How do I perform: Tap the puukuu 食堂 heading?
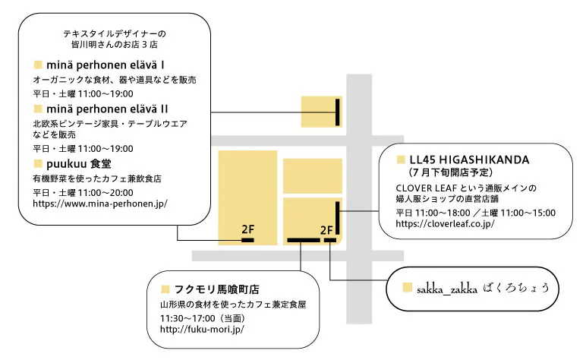(x=80, y=163)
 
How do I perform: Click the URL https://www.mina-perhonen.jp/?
(x=100, y=204)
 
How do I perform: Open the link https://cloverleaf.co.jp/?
(x=445, y=224)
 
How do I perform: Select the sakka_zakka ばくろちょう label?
(x=482, y=288)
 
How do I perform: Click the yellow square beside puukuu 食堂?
(x=38, y=163)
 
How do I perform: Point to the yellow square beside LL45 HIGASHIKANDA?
(x=401, y=160)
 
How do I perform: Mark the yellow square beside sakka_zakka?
(x=407, y=288)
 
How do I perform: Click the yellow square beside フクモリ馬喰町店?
(x=165, y=289)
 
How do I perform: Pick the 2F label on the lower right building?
(x=327, y=229)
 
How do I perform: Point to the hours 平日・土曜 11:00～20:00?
(x=83, y=192)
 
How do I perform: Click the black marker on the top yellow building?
(x=336, y=112)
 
